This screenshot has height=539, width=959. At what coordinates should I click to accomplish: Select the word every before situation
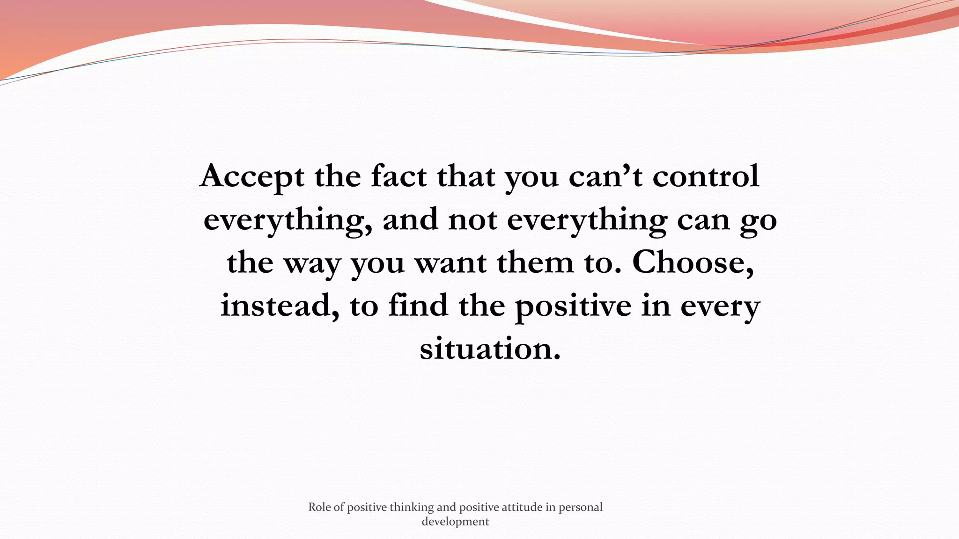point(720,306)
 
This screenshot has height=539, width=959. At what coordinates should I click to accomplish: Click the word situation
point(490,348)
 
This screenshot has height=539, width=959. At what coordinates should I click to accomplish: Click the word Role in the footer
point(320,507)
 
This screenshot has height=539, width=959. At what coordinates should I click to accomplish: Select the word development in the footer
point(455,522)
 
